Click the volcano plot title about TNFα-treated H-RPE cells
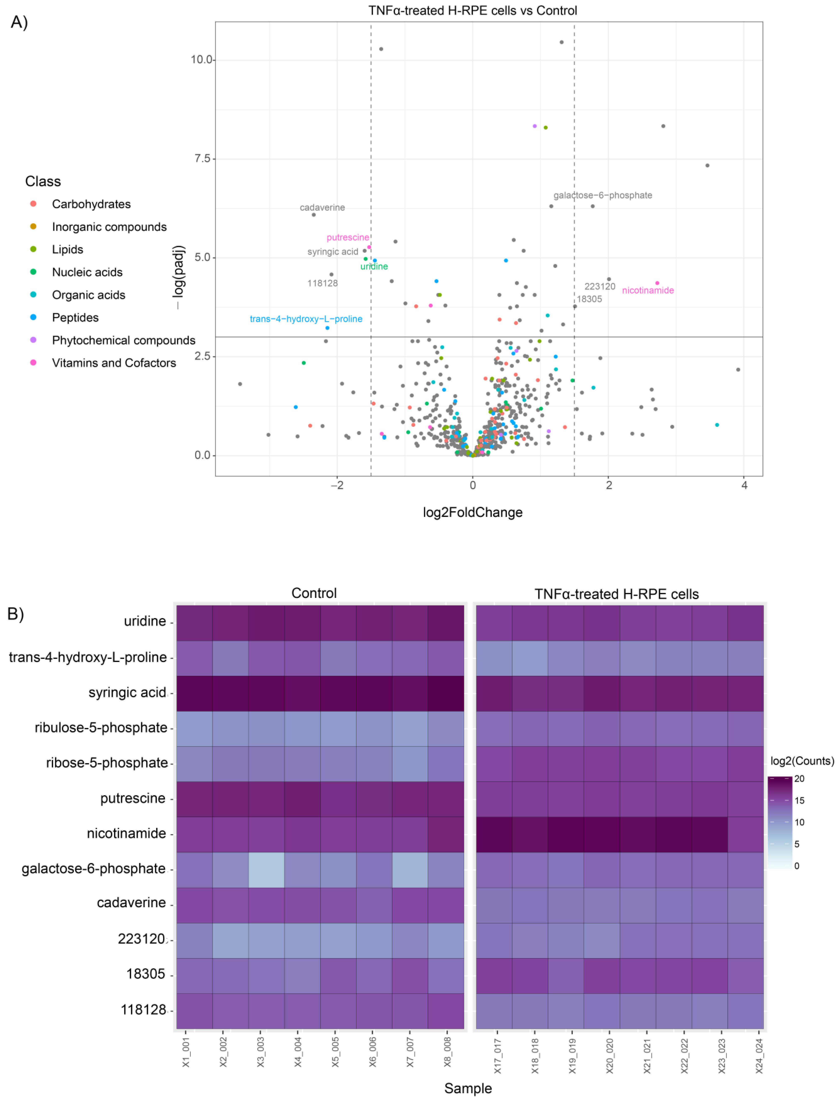click(x=472, y=10)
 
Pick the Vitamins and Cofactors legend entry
click(x=114, y=363)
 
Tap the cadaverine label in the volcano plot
click(x=322, y=207)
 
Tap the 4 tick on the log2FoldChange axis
click(x=744, y=485)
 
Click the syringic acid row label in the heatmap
click(x=127, y=693)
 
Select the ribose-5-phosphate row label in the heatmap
click(x=107, y=763)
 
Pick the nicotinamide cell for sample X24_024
click(x=745, y=834)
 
